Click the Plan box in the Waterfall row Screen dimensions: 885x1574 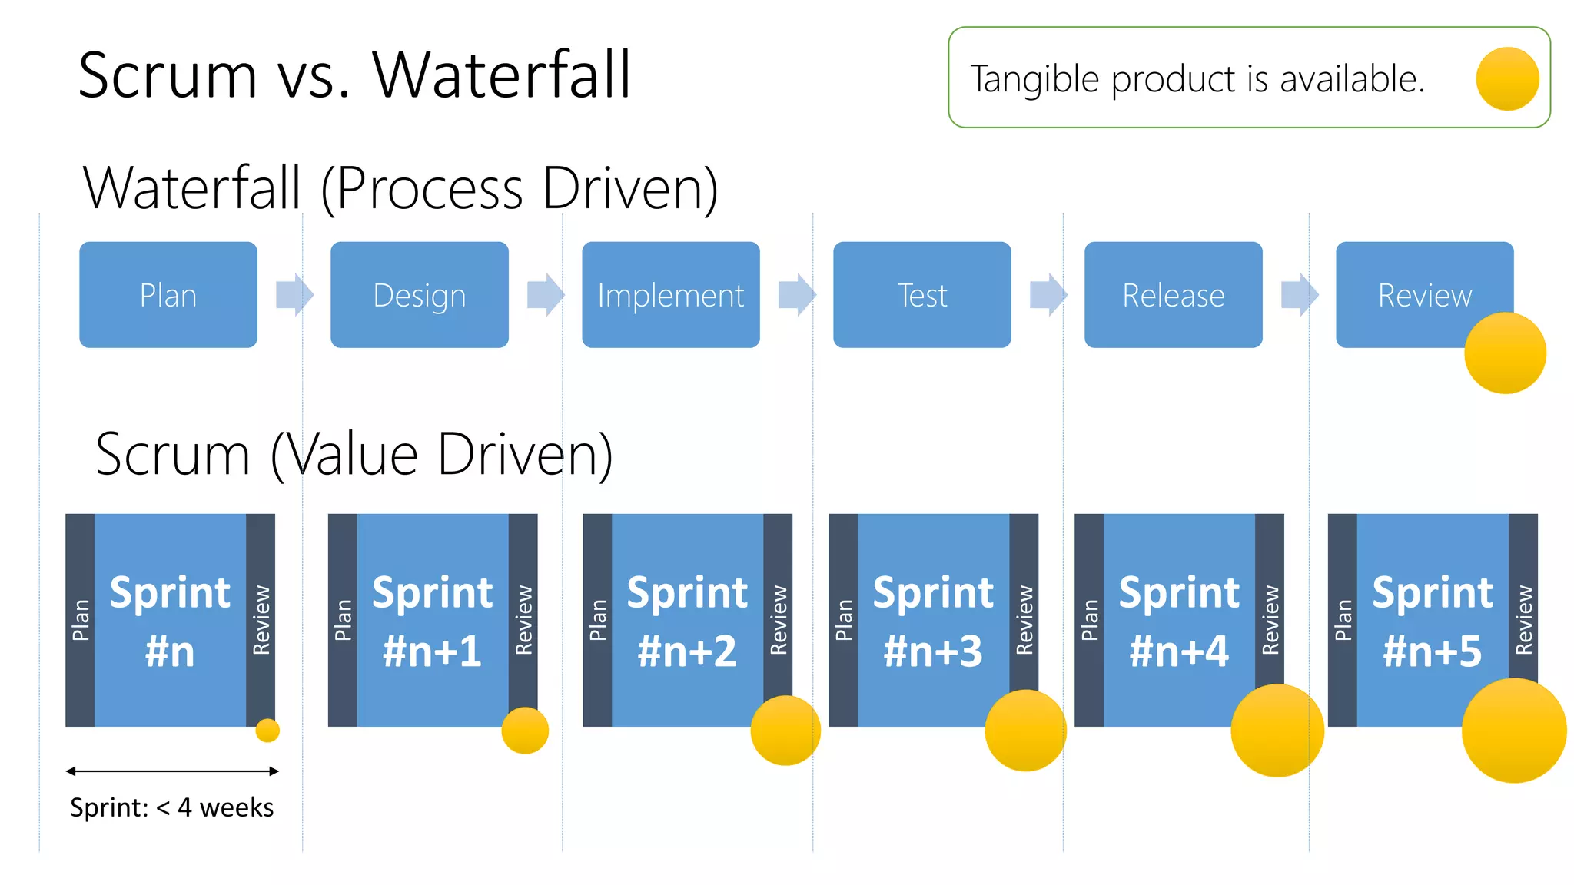pos(168,295)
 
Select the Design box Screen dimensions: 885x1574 pos(419,295)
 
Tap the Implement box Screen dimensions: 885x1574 pos(670,295)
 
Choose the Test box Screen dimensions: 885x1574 pos(921,295)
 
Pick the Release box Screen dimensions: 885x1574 pos(1173,295)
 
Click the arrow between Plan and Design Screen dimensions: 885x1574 pos(294,294)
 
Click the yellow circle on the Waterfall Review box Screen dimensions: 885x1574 pos(1505,353)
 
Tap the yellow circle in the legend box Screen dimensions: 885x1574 pos(1507,78)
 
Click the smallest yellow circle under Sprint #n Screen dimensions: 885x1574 pos(267,730)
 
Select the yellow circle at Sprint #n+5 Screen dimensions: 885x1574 pos(1513,731)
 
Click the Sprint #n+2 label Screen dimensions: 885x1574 pos(687,621)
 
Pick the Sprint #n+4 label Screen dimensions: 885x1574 pos(1179,621)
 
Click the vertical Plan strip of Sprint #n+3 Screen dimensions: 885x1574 pos(843,619)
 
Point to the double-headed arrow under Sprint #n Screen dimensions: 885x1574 pos(172,771)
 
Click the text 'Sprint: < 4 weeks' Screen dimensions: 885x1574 pos(172,807)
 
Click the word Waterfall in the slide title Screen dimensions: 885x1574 pos(501,75)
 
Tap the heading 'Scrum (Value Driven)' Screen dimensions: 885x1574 pos(354,455)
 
